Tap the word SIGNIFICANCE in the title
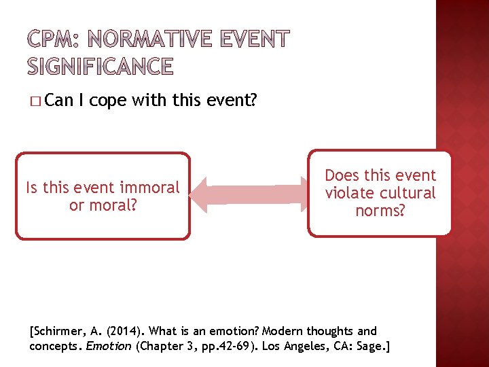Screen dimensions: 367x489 pyautogui.click(x=101, y=66)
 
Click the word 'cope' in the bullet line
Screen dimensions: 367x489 pyautogui.click(x=107, y=101)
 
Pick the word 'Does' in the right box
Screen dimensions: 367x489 pyautogui.click(x=343, y=175)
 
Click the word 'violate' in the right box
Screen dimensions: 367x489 pyautogui.click(x=349, y=193)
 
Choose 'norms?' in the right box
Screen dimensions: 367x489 pyautogui.click(x=380, y=211)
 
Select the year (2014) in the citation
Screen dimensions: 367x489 pyautogui.click(x=124, y=332)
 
